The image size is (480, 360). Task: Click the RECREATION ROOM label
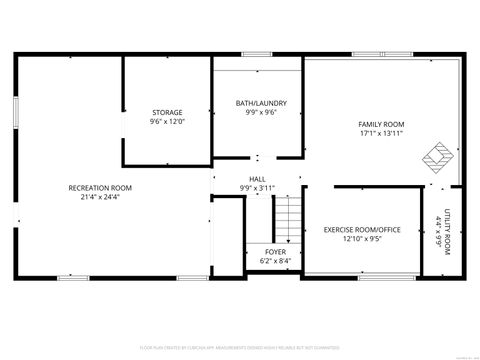tap(100, 187)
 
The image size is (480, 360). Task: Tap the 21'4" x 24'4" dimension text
tap(100, 197)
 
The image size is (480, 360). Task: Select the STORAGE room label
tap(167, 112)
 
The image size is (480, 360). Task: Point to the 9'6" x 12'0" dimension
tap(167, 122)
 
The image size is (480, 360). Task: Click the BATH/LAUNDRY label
tap(261, 103)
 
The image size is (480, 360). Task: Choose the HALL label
tap(257, 178)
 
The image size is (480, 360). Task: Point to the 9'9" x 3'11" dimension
tap(257, 188)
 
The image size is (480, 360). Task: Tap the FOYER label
tap(275, 251)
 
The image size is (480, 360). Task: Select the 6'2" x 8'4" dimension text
tap(275, 261)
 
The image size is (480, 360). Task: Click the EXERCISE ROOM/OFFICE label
tap(362, 229)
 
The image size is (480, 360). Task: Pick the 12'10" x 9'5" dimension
tap(362, 239)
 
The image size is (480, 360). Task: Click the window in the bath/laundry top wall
tap(257, 54)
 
